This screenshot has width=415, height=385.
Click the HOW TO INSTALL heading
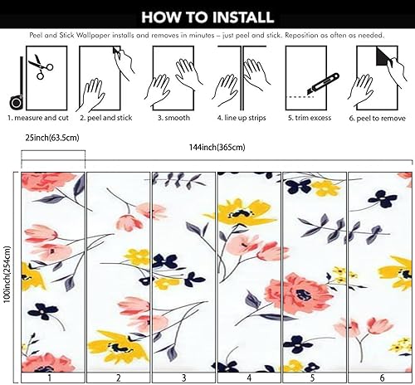[207, 16]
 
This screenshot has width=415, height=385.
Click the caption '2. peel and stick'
[106, 119]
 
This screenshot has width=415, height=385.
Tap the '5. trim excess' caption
[309, 119]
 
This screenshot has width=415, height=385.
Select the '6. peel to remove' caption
[379, 119]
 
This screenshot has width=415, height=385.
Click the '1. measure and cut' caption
[37, 119]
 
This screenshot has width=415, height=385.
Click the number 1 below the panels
[50, 378]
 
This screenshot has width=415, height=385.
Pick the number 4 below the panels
[248, 378]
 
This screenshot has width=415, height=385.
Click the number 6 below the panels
[381, 378]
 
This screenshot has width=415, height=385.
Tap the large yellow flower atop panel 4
[240, 212]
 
